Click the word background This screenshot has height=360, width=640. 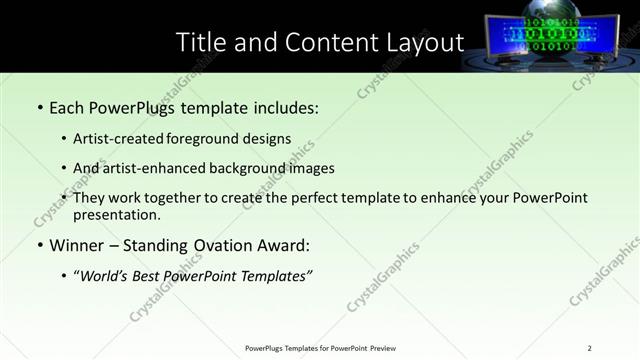click(x=251, y=169)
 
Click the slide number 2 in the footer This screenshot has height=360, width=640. click(x=590, y=348)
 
